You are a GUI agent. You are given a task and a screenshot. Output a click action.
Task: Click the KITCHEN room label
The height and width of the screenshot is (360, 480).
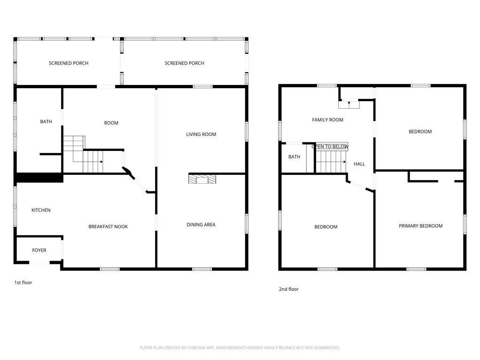coord(41,210)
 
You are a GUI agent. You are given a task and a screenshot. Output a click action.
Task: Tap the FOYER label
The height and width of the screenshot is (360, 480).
coord(39,250)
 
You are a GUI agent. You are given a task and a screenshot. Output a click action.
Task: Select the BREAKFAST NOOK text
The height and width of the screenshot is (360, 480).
coord(108,226)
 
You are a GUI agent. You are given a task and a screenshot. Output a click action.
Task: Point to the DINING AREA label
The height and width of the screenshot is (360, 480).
coord(201,225)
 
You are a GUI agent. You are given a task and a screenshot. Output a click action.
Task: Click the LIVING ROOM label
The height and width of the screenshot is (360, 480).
coord(201,134)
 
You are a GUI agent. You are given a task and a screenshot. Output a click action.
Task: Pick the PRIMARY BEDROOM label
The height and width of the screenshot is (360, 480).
coord(420,226)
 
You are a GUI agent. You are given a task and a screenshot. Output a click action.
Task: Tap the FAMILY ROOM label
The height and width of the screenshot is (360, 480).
coord(328,120)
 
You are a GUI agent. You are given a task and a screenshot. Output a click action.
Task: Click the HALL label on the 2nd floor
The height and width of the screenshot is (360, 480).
coord(360,164)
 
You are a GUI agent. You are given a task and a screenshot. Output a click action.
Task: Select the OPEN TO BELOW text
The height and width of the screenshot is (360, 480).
coord(330,147)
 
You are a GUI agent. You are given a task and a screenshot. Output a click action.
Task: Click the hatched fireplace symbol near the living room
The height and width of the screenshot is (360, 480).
coord(202,179)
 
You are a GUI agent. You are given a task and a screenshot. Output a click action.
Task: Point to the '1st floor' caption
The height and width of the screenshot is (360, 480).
coord(23,283)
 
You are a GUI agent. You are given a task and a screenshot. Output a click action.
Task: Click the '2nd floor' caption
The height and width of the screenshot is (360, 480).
coord(289,289)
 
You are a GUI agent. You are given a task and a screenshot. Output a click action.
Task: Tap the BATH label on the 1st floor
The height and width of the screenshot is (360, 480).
coord(46,121)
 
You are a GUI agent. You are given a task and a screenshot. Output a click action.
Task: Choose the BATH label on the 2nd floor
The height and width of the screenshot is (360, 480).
coord(294,157)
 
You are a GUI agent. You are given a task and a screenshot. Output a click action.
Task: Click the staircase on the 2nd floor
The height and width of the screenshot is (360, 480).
coord(331,162)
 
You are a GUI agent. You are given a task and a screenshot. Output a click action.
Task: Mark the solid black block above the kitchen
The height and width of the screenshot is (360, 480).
coord(39,178)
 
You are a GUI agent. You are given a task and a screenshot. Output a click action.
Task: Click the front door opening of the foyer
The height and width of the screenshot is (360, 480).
coord(39,262)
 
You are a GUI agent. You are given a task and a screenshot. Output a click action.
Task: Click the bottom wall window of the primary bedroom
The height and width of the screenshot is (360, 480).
coord(416,269)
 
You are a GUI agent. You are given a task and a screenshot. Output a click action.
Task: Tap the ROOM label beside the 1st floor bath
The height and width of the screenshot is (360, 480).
coord(111,123)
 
